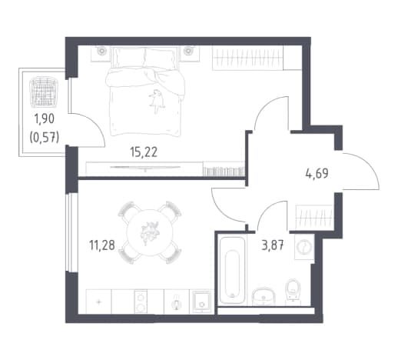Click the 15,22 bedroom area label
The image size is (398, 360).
[144, 152]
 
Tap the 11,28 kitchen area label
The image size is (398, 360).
[102, 245]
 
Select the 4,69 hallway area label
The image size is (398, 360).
[317, 174]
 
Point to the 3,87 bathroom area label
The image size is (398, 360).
[272, 245]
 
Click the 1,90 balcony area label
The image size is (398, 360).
[45, 119]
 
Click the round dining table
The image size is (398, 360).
[150, 232]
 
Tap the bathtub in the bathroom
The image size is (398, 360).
[232, 270]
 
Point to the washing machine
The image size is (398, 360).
[304, 247]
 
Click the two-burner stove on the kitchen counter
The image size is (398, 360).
[141, 302]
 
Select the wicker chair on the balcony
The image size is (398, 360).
[44, 92]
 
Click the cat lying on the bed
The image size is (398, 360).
[157, 101]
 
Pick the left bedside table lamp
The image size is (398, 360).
[101, 51]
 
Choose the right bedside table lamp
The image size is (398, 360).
[188, 51]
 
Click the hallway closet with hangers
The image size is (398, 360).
[314, 216]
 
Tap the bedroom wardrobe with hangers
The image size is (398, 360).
[247, 58]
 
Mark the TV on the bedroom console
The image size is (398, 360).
[145, 167]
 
